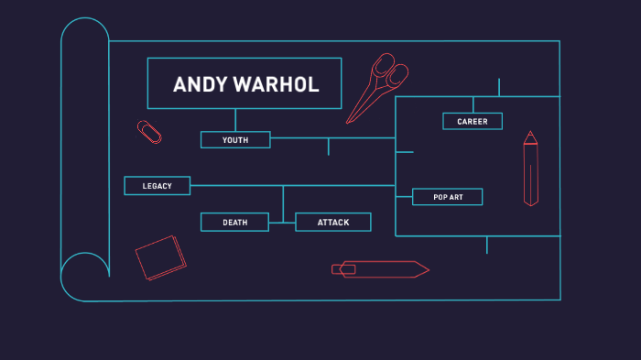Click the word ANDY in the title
point(194,85)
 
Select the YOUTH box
point(235,140)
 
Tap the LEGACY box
point(158,186)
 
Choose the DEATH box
point(234,223)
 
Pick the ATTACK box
point(333,223)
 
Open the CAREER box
point(473,121)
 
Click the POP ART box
point(447,197)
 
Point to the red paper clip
point(149,132)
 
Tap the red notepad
point(160,257)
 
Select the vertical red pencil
point(530,169)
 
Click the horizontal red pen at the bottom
point(379,268)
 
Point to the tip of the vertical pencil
point(530,135)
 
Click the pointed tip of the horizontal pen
point(426,268)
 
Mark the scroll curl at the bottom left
point(84,276)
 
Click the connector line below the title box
point(235,120)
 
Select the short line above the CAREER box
point(473,104)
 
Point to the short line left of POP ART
point(404,197)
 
